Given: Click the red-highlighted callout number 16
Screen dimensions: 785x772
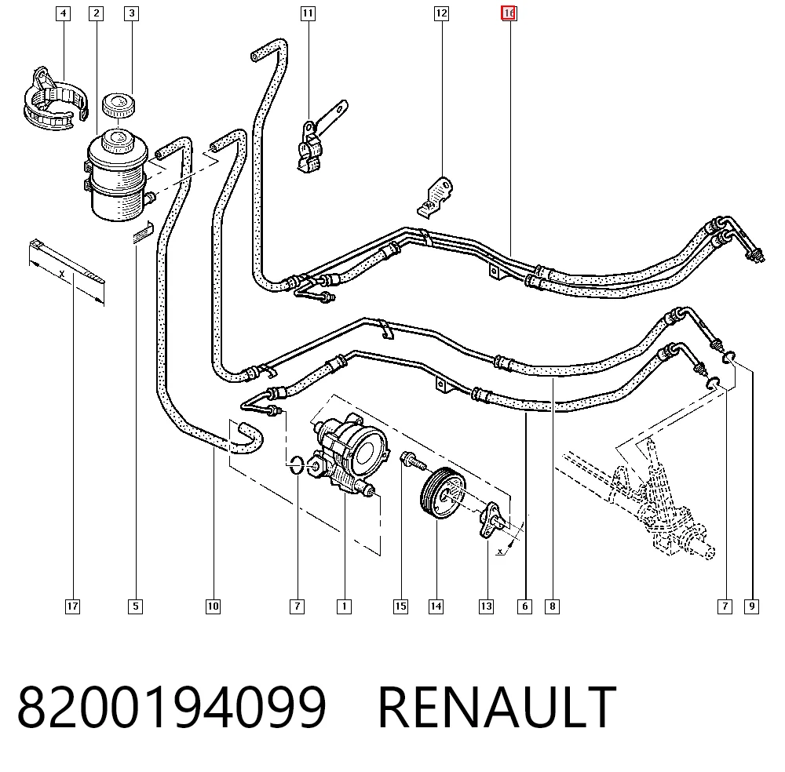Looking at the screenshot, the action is click(x=509, y=13).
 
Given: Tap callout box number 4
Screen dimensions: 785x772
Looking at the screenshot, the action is click(x=63, y=13).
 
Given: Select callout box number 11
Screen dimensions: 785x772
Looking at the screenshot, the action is click(x=308, y=13).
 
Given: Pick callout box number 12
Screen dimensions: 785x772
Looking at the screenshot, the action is click(x=441, y=13).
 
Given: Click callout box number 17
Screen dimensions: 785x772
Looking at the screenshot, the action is click(x=72, y=606).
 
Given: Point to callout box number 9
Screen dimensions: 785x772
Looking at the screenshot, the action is click(x=751, y=606).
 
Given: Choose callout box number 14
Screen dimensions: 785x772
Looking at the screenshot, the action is click(x=436, y=606).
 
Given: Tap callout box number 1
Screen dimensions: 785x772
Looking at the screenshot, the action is click(x=344, y=606).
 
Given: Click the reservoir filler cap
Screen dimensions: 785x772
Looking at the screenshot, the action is click(x=119, y=104).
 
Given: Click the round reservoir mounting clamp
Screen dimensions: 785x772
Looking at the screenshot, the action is click(x=55, y=100).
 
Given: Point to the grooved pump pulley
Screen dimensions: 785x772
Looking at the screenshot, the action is click(x=443, y=493).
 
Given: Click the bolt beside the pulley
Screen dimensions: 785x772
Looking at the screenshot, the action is click(x=413, y=461).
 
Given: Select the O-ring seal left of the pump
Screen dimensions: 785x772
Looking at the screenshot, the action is click(x=297, y=464).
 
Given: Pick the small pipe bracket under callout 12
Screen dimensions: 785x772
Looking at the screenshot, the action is click(x=435, y=197).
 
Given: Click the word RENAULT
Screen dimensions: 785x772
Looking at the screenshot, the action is click(x=497, y=707).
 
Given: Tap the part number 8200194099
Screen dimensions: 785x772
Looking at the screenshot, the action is click(x=172, y=707).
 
